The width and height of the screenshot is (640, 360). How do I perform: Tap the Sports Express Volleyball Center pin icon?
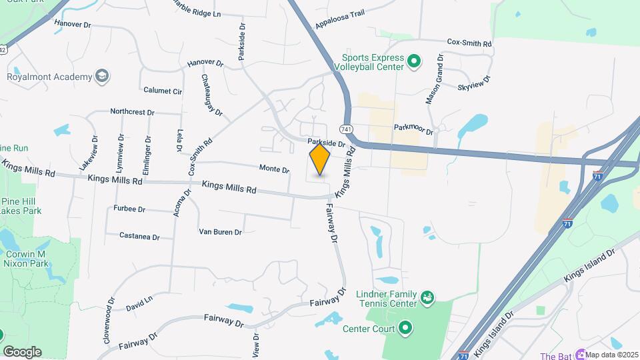pyautogui.click(x=413, y=62)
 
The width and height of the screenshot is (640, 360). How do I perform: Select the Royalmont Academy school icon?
pyautogui.click(x=102, y=76)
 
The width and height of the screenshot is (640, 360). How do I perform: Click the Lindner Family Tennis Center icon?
pyautogui.click(x=427, y=296)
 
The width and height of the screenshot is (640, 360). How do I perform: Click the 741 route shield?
pyautogui.click(x=346, y=129)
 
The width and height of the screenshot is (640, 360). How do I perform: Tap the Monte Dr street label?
pyautogui.click(x=274, y=169)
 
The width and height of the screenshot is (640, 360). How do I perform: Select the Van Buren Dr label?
pyautogui.click(x=220, y=232)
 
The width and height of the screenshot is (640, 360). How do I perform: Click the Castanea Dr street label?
pyautogui.click(x=139, y=236)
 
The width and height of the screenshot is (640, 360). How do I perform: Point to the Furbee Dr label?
pyautogui.click(x=129, y=209)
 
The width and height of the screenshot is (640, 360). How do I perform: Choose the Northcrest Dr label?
pyautogui.click(x=132, y=112)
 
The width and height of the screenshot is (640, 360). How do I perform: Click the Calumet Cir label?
pyautogui.click(x=163, y=90)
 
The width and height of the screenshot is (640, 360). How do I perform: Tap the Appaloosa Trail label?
pyautogui.click(x=340, y=21)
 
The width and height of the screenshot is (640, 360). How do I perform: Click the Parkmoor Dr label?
pyautogui.click(x=413, y=129)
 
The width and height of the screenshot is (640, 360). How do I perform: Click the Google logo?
pyautogui.click(x=22, y=351)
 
